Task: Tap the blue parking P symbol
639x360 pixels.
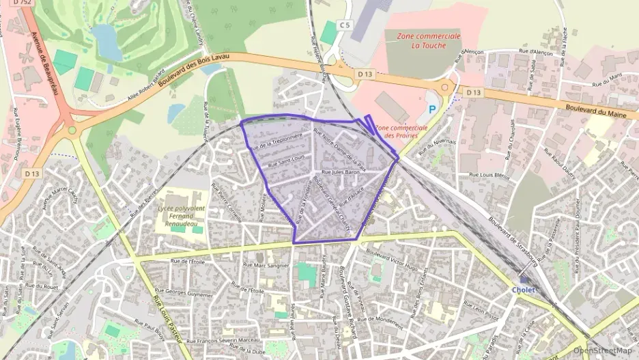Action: pos(431,108)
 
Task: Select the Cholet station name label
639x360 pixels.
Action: pos(524,289)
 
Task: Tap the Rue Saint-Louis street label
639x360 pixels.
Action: pos(283,164)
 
